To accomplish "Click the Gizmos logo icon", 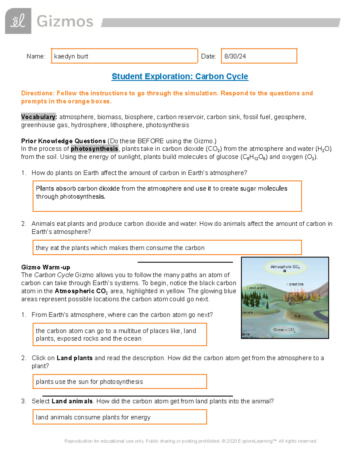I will pos(18,21).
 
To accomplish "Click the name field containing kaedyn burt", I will pos(124,56).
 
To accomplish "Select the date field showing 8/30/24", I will pos(259,56).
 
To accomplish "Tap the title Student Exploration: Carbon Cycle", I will pos(180,77).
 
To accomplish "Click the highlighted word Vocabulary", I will pos(39,117).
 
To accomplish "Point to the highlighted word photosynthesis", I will pos(94,149).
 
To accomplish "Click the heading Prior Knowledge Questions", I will pos(63,141).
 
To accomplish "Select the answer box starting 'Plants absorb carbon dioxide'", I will pos(167,196).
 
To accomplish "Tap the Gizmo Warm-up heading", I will pos(46,267).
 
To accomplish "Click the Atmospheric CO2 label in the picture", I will pos(285,266).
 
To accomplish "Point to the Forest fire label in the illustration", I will pos(295,284).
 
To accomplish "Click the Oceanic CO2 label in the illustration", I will pos(284,329).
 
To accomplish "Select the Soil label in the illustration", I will pos(297,316).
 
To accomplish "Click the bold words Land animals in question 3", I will pos(72,401).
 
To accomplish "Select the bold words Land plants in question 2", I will pos(74,358).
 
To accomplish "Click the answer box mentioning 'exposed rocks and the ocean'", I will pos(119,335).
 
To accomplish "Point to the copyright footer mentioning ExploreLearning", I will pos(190,441).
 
